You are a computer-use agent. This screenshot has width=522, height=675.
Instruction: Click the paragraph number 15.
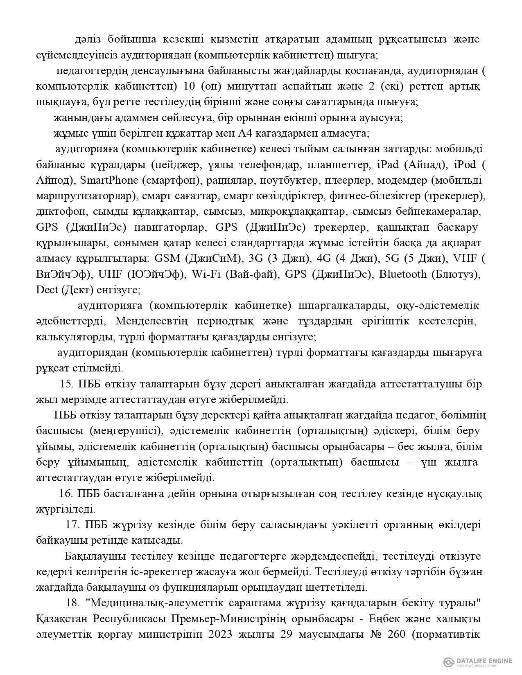pyautogui.click(x=66, y=384)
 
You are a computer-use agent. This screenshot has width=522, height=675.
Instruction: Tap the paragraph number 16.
pyautogui.click(x=66, y=494)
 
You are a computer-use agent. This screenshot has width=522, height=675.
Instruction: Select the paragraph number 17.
pyautogui.click(x=72, y=525)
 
